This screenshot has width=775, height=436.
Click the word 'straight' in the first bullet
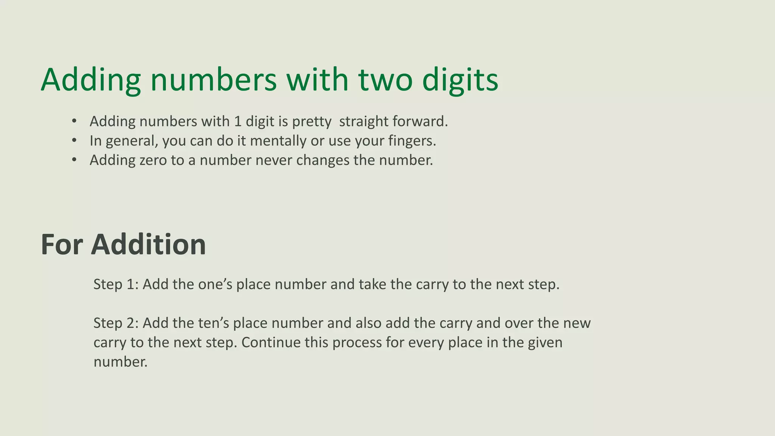click(364, 121)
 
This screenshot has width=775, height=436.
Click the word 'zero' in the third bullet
click(153, 160)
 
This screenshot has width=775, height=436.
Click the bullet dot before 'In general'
click(74, 141)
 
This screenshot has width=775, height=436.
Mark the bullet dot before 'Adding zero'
click(74, 160)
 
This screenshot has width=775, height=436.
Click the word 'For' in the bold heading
click(62, 244)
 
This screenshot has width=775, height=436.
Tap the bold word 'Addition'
click(148, 244)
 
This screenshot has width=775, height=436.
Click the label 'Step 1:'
click(116, 284)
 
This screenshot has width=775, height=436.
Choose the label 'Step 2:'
click(116, 323)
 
